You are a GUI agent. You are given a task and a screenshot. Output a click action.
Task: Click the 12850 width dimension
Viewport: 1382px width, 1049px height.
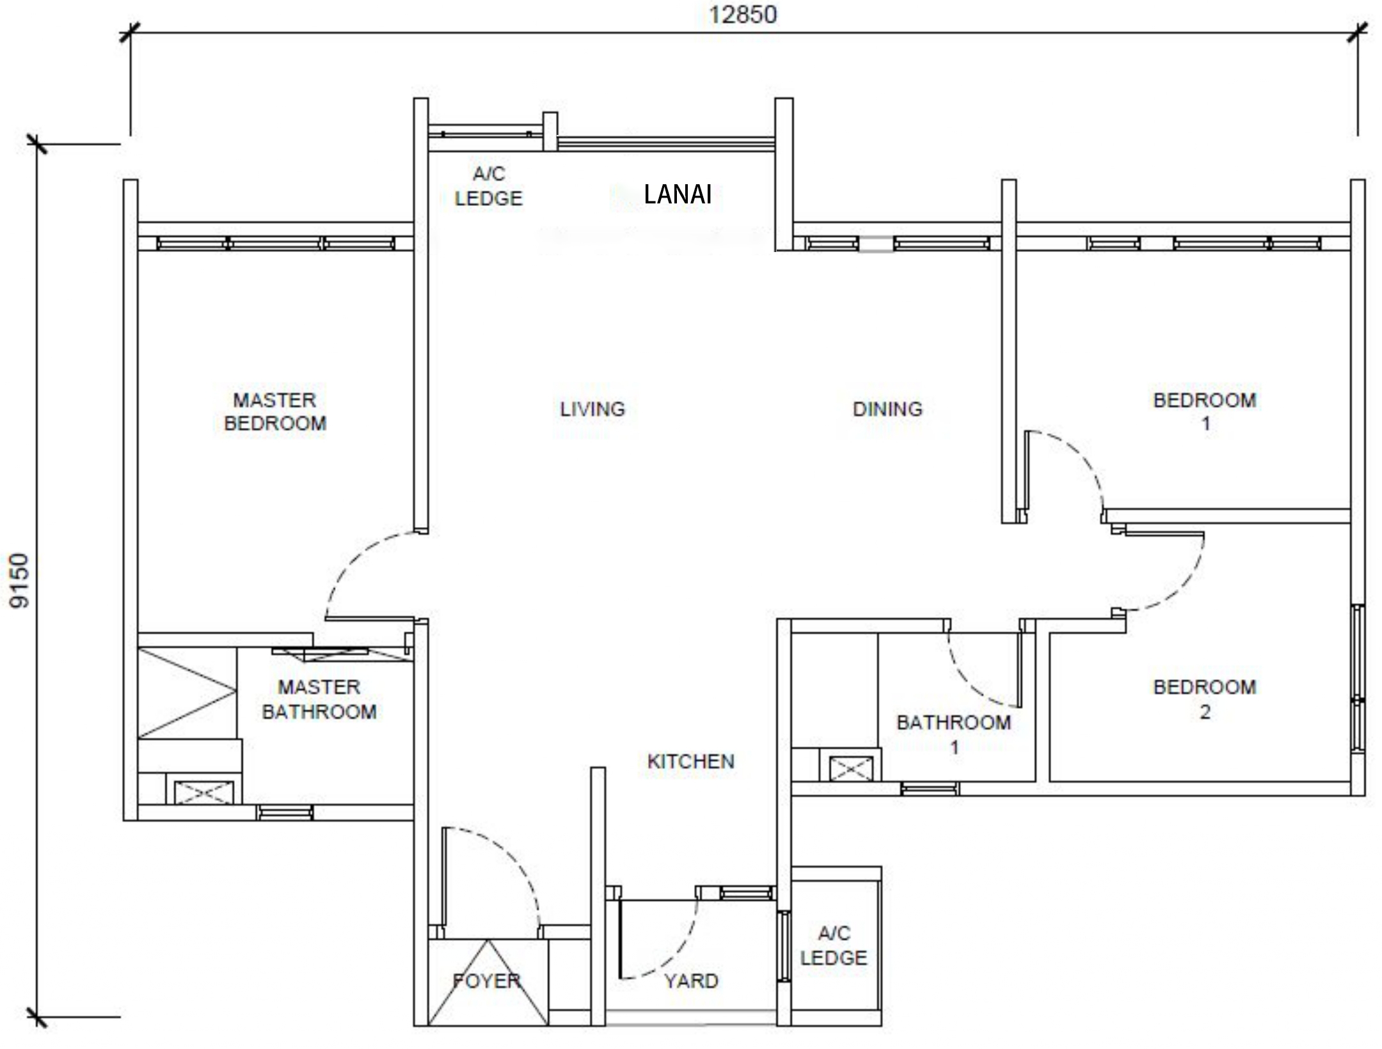click(x=743, y=14)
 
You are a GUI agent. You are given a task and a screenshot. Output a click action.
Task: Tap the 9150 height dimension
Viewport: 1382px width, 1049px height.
click(x=20, y=581)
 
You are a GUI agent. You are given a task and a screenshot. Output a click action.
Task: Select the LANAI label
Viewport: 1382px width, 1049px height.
click(x=678, y=194)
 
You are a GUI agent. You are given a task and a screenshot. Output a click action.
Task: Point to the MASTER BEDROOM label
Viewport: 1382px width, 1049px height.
click(x=275, y=412)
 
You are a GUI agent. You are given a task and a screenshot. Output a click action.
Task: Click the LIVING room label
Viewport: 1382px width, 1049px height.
click(x=592, y=409)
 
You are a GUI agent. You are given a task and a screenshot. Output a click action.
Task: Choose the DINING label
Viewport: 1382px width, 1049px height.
click(x=887, y=409)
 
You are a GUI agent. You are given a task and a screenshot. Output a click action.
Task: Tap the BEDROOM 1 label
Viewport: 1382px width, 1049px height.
click(x=1205, y=412)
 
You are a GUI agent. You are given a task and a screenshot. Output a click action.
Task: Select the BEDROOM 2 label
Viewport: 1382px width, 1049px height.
click(x=1205, y=699)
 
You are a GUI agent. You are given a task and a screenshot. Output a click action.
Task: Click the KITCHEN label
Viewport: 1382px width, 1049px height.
click(x=691, y=761)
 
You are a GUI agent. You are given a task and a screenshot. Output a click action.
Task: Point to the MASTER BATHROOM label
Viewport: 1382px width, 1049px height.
click(x=319, y=699)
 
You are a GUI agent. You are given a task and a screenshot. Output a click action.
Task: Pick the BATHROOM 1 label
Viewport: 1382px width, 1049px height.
click(x=954, y=734)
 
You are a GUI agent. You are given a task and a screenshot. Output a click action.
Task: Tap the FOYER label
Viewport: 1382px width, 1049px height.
click(x=486, y=981)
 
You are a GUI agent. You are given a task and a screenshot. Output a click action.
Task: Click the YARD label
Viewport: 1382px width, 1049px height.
click(x=691, y=981)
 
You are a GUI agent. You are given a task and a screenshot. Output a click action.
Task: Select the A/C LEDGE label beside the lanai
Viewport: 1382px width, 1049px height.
click(x=489, y=186)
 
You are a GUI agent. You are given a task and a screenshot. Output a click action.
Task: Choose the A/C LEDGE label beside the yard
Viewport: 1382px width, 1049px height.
click(x=834, y=945)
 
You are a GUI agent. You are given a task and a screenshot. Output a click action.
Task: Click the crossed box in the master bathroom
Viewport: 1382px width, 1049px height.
click(x=204, y=793)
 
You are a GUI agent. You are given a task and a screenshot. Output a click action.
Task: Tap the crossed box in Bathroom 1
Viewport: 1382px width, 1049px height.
click(x=850, y=768)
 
